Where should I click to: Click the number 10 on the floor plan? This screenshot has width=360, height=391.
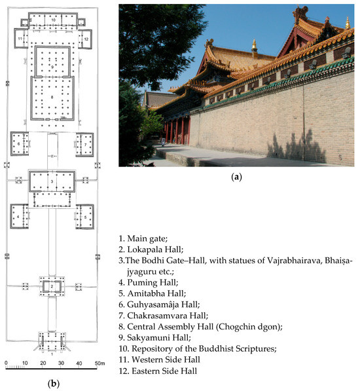click(x=52, y=20)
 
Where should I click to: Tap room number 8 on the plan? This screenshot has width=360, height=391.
click(x=52, y=97)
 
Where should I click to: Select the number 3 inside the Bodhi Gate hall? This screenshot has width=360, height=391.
click(x=52, y=181)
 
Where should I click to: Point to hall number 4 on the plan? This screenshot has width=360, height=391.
click(x=18, y=215)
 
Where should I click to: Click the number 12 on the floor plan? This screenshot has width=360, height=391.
click(x=86, y=39)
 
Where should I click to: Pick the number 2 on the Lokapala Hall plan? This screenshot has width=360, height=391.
click(x=52, y=286)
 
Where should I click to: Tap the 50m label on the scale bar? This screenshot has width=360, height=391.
click(x=99, y=362)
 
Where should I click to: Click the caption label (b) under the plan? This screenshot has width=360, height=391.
click(x=55, y=383)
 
